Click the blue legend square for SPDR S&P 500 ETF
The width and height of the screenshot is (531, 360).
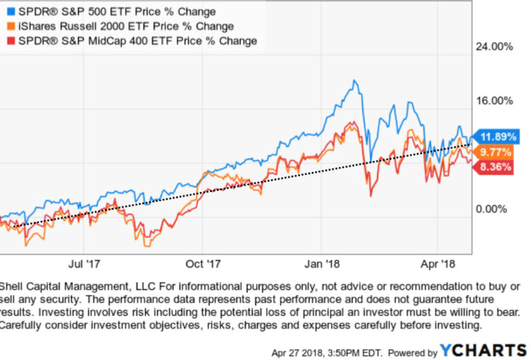coord(8,12)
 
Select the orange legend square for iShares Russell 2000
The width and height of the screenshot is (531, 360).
coord(8,26)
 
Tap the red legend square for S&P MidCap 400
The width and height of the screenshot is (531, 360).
coord(8,41)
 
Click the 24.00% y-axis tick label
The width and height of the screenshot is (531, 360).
coord(492,47)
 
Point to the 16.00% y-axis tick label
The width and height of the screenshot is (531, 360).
coord(492,100)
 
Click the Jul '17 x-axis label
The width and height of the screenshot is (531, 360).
coord(86,264)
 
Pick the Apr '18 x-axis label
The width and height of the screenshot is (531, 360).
coord(439,264)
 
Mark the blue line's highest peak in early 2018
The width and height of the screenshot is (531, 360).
coord(355,81)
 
